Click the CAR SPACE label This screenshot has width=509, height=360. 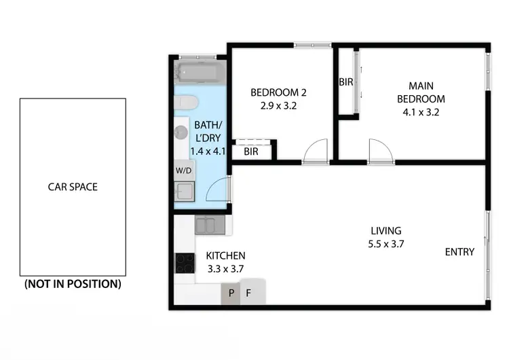(72, 187)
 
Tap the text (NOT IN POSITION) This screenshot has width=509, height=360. (73, 284)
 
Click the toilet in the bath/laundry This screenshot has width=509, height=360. (185, 103)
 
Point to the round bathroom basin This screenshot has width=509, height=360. (181, 132)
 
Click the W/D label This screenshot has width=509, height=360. (184, 170)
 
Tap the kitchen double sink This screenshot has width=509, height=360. (205, 224)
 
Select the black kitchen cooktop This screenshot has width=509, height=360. (185, 262)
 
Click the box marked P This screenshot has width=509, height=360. (231, 294)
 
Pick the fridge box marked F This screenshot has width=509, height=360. (249, 294)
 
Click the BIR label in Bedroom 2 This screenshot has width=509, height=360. (251, 151)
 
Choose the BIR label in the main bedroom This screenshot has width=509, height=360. (345, 82)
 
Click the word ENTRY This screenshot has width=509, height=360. (459, 252)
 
